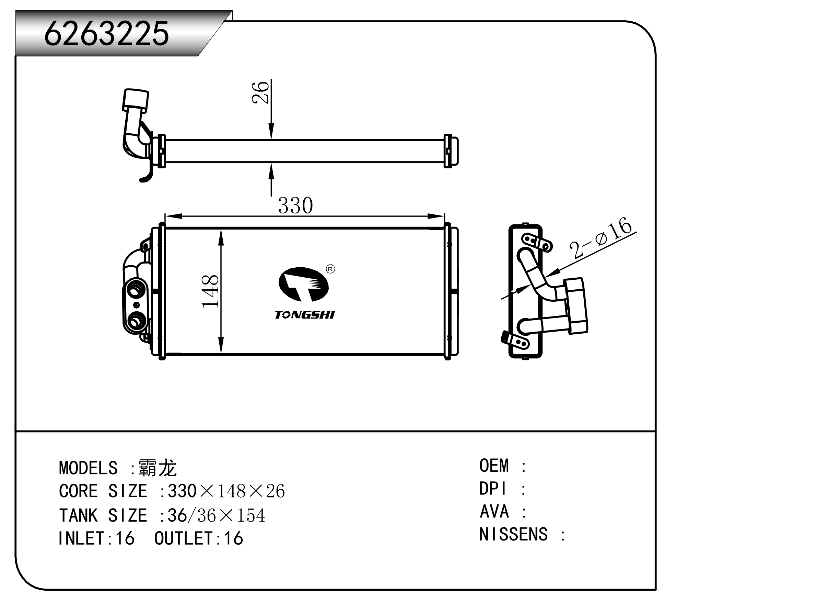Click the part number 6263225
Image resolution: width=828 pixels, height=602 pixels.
coord(106,34)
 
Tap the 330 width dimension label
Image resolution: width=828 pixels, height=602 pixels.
coord(295,205)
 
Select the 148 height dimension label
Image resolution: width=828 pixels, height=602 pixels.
coord(210,291)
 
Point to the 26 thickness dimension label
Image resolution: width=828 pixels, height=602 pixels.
coord(261,92)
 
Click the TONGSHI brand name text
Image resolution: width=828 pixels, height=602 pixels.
coord(304,315)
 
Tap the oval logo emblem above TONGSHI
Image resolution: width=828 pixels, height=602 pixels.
coord(303,285)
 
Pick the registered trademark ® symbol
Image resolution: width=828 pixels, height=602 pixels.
coord(330,269)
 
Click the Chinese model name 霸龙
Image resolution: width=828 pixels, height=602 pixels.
coord(158,468)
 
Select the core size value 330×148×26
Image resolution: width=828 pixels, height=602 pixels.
coord(226,491)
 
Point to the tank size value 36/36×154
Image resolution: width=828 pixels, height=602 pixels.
coord(216,515)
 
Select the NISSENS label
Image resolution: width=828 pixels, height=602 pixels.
coord(513,534)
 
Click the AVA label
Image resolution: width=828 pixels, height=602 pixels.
coord(494,512)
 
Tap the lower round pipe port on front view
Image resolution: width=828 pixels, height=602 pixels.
coord(135,322)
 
